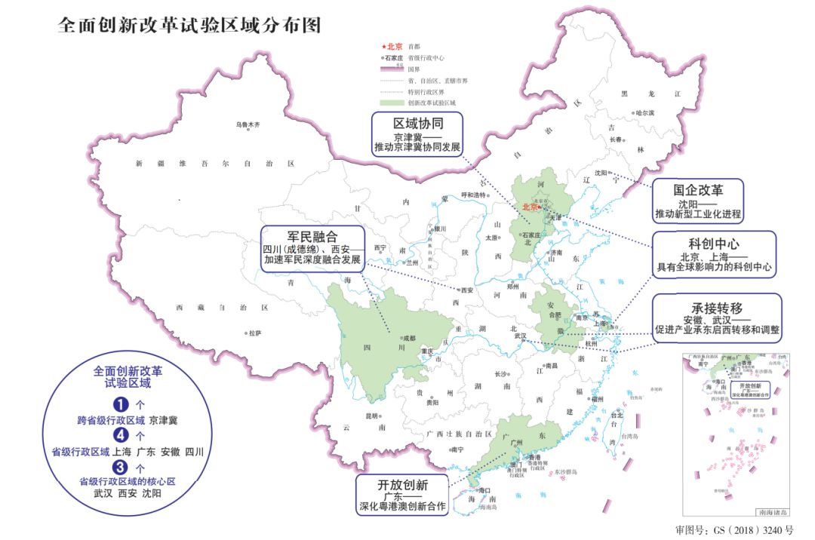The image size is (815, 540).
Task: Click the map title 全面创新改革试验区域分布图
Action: [x=189, y=26]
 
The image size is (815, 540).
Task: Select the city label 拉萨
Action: [x=255, y=333]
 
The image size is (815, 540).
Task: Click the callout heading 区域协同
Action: [x=417, y=123]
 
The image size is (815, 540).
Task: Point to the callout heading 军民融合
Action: [x=311, y=236]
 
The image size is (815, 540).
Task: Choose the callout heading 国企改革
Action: [x=698, y=189]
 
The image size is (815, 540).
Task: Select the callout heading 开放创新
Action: [x=403, y=484]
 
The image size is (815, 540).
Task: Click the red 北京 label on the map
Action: [x=531, y=207]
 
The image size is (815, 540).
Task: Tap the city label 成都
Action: [x=408, y=338]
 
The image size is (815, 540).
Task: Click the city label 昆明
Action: [x=371, y=416]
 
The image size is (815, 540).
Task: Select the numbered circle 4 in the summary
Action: [x=118, y=436]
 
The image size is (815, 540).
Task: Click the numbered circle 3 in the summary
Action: [x=118, y=468]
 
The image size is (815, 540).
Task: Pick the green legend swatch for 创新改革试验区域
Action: [x=392, y=103]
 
